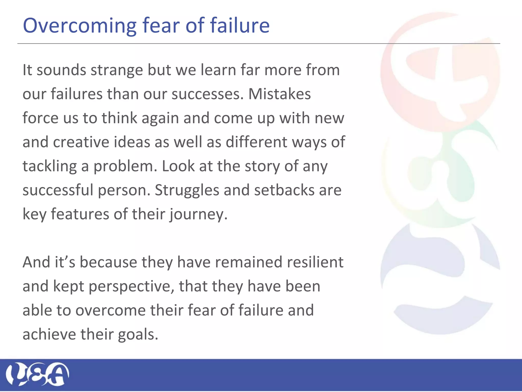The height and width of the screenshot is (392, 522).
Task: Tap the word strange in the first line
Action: [x=117, y=70]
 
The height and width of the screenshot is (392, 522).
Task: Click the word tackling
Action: [x=49, y=166]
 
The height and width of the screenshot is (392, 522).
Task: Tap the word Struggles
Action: [x=187, y=190]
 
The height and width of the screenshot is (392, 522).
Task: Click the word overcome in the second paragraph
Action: [x=110, y=311]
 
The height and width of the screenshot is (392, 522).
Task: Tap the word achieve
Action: [x=49, y=335]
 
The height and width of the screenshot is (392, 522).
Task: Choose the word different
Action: [x=256, y=142]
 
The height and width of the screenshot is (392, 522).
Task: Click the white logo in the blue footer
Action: [x=37, y=374]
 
